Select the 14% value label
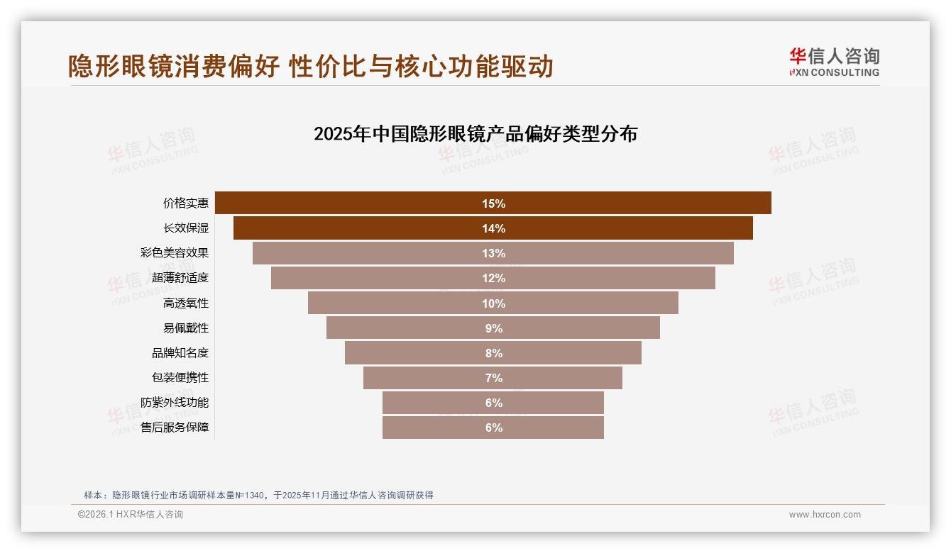pos(493,228)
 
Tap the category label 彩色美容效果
pos(175,253)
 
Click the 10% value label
pos(493,303)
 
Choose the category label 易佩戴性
pos(186,328)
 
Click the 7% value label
pos(493,378)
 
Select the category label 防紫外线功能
pos(175,403)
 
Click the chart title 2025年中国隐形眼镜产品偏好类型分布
pos(475,134)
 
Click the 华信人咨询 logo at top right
pos(834,62)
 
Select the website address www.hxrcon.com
pos(825,515)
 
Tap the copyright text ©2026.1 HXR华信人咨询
pos(131,515)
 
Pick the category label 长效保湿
pos(186,228)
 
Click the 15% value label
pos(493,203)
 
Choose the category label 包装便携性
pos(180,378)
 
